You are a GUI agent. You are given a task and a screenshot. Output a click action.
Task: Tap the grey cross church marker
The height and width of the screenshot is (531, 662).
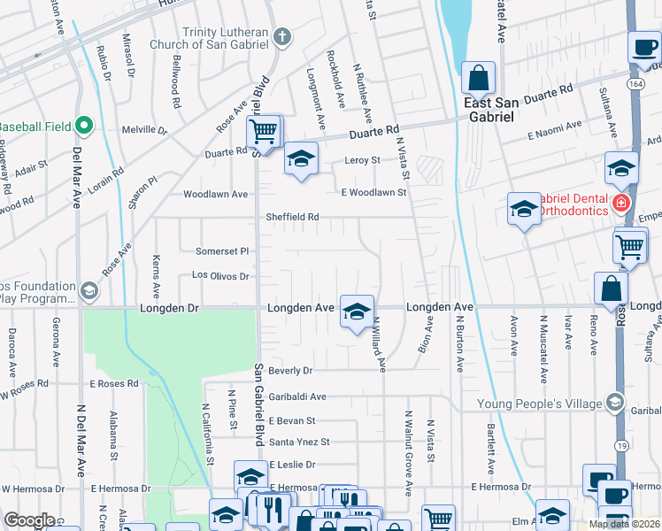pyautogui.click(x=282, y=36)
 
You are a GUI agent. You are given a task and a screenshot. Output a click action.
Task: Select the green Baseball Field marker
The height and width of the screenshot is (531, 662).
pyautogui.click(x=85, y=126)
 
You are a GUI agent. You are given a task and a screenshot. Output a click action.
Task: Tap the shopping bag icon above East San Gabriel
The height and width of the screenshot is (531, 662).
pyautogui.click(x=478, y=80)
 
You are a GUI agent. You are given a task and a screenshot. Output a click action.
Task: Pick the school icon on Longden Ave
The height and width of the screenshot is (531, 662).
pyautogui.click(x=357, y=312)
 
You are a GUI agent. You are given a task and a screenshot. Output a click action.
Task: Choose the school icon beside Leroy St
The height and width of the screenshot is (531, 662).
pyautogui.click(x=301, y=160)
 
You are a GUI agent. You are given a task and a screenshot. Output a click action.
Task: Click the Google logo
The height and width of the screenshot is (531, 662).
pyautogui.click(x=29, y=519)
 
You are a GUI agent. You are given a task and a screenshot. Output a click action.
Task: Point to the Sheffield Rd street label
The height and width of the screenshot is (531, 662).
pyautogui.click(x=292, y=217)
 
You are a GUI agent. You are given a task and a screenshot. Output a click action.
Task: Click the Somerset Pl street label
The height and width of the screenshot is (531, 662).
pyautogui.click(x=222, y=251)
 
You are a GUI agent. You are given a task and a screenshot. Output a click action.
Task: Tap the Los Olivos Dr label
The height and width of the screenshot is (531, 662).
pyautogui.click(x=220, y=276)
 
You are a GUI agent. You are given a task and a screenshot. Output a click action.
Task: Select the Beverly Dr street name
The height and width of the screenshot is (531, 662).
pyautogui.click(x=291, y=370)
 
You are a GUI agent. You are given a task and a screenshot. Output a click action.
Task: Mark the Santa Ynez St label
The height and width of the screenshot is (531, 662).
pyautogui.click(x=299, y=442)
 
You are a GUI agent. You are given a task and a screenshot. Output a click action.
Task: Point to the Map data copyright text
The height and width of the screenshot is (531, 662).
pyautogui.click(x=624, y=524)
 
